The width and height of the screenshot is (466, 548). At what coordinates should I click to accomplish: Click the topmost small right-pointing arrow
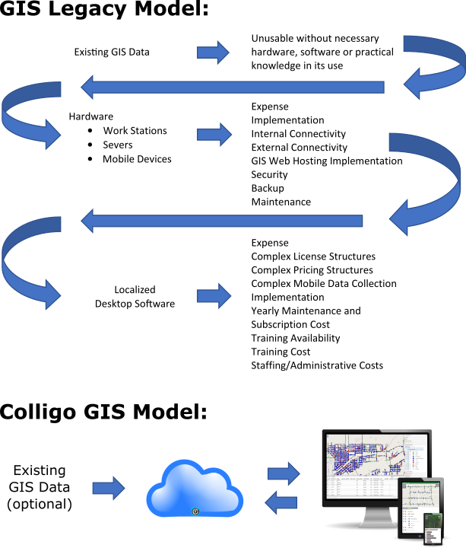pyautogui.click(x=212, y=53)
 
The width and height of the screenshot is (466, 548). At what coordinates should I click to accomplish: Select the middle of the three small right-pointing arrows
pyautogui.click(x=214, y=135)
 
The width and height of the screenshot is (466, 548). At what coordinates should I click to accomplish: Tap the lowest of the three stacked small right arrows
pyautogui.click(x=214, y=296)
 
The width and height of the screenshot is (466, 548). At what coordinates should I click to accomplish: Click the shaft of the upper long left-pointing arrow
pyautogui.click(x=243, y=87)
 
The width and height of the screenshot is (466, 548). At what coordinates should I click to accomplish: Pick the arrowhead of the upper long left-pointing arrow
pyautogui.click(x=87, y=87)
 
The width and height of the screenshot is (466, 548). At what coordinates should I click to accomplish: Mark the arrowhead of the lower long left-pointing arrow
pyautogui.click(x=87, y=221)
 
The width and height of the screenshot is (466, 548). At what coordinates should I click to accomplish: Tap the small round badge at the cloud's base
pyautogui.click(x=195, y=511)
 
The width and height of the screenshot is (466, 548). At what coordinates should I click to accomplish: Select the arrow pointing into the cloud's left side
pyautogui.click(x=108, y=488)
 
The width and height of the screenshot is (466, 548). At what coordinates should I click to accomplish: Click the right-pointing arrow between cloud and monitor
pyautogui.click(x=283, y=473)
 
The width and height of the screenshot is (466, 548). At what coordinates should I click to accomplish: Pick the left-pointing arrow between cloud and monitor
pyautogui.click(x=281, y=502)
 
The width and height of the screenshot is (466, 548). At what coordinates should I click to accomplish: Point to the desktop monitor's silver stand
pyautogui.click(x=376, y=518)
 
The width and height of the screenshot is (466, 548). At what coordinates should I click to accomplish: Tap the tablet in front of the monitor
pyautogui.click(x=420, y=507)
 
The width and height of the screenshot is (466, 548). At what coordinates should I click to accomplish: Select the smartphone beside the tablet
pyautogui.click(x=433, y=527)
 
